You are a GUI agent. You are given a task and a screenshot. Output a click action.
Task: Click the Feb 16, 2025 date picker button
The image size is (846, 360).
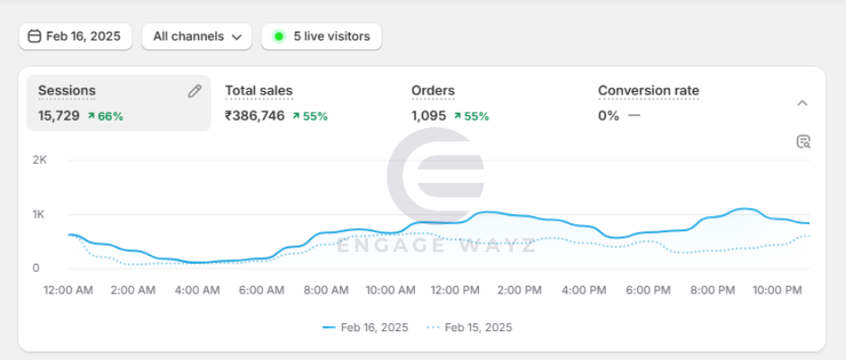point(76,36)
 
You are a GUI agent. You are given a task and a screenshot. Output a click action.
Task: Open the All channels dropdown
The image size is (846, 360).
point(196,36)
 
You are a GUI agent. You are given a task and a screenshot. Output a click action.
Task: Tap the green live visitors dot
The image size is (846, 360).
point(279,36)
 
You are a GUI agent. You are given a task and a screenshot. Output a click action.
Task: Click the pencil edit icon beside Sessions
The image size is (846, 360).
point(194,91)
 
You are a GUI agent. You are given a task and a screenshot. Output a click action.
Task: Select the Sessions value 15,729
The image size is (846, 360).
point(58,115)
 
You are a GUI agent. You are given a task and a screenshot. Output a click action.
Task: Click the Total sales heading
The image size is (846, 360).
point(258,91)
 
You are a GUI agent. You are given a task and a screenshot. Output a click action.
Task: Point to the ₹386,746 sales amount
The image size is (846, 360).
point(255,115)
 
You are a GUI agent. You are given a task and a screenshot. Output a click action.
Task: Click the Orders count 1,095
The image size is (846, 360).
point(429,115)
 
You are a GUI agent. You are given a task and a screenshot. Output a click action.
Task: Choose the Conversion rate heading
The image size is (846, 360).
point(648,91)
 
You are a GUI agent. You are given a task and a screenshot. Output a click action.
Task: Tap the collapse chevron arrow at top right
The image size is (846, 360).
point(803,103)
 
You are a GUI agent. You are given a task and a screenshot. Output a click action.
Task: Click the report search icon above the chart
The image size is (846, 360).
point(804,141)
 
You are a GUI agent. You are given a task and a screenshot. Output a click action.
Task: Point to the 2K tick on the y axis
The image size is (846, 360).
point(39,159)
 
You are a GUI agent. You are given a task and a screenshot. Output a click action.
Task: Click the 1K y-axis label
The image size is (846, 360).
point(39,214)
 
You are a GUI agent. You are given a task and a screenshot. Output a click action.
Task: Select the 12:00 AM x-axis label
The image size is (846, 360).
point(68,290)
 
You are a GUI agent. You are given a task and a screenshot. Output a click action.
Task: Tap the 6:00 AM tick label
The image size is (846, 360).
point(262,290)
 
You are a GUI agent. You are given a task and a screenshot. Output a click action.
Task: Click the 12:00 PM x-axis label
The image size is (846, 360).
point(455,290)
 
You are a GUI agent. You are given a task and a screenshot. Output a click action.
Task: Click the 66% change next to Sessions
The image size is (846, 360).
point(105,116)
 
